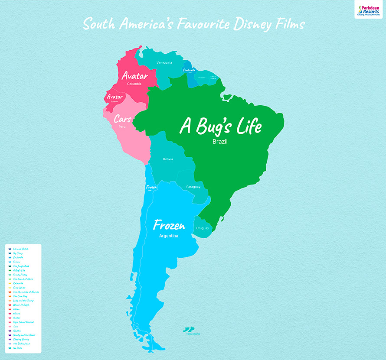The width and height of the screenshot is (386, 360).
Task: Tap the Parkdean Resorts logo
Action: [368, 9]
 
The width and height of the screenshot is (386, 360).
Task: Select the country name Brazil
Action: [220, 142]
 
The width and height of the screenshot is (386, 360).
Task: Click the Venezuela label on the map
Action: [164, 63]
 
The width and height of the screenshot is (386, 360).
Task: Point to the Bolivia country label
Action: [168, 159]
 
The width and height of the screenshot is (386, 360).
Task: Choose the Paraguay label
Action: [193, 187]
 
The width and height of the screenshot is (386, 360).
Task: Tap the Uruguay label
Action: [202, 228]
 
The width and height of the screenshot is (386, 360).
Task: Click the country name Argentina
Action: [169, 236]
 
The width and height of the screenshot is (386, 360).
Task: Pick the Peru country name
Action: [123, 127]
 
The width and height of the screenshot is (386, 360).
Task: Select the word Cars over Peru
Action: [123, 119]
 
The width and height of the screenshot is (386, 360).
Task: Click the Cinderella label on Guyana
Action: [190, 70]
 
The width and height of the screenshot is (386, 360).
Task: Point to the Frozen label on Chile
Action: [150, 187]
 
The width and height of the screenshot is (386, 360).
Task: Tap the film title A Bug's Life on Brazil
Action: [221, 126]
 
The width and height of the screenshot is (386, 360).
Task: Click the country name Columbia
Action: [134, 84]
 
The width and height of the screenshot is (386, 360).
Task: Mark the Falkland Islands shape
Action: [188, 329]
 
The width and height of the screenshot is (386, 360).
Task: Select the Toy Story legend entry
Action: [19, 253]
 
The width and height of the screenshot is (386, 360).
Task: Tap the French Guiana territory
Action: [213, 78]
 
